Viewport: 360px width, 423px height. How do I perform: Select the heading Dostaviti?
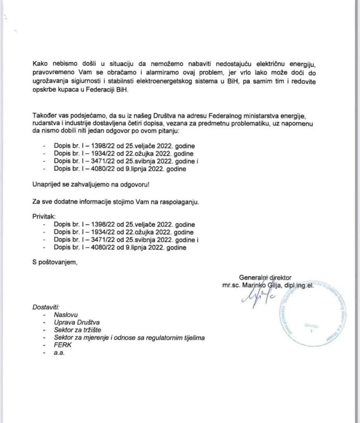pyautogui.click(x=46, y=307)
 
